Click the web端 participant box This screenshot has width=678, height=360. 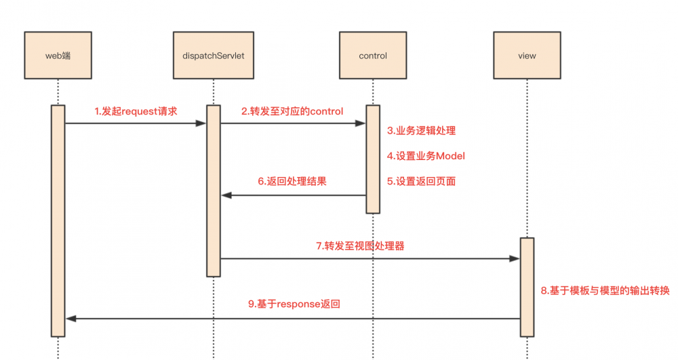[x=58, y=56]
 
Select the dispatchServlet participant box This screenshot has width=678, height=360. [x=214, y=56]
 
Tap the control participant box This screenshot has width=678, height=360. [x=373, y=56]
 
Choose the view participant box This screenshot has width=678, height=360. [x=527, y=56]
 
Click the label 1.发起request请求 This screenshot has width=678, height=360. [x=136, y=111]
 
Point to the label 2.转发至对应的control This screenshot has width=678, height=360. [x=292, y=111]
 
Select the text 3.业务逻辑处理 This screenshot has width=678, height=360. [x=422, y=130]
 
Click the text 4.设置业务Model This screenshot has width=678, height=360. [x=426, y=156]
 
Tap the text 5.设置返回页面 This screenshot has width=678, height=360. [x=422, y=181]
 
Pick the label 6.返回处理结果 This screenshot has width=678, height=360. [x=292, y=181]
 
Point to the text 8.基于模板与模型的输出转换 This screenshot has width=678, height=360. [x=605, y=290]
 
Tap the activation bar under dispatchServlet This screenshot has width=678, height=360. [x=214, y=190]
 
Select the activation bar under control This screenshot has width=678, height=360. [x=373, y=159]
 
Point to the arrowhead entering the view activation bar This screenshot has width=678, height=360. [x=515, y=258]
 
